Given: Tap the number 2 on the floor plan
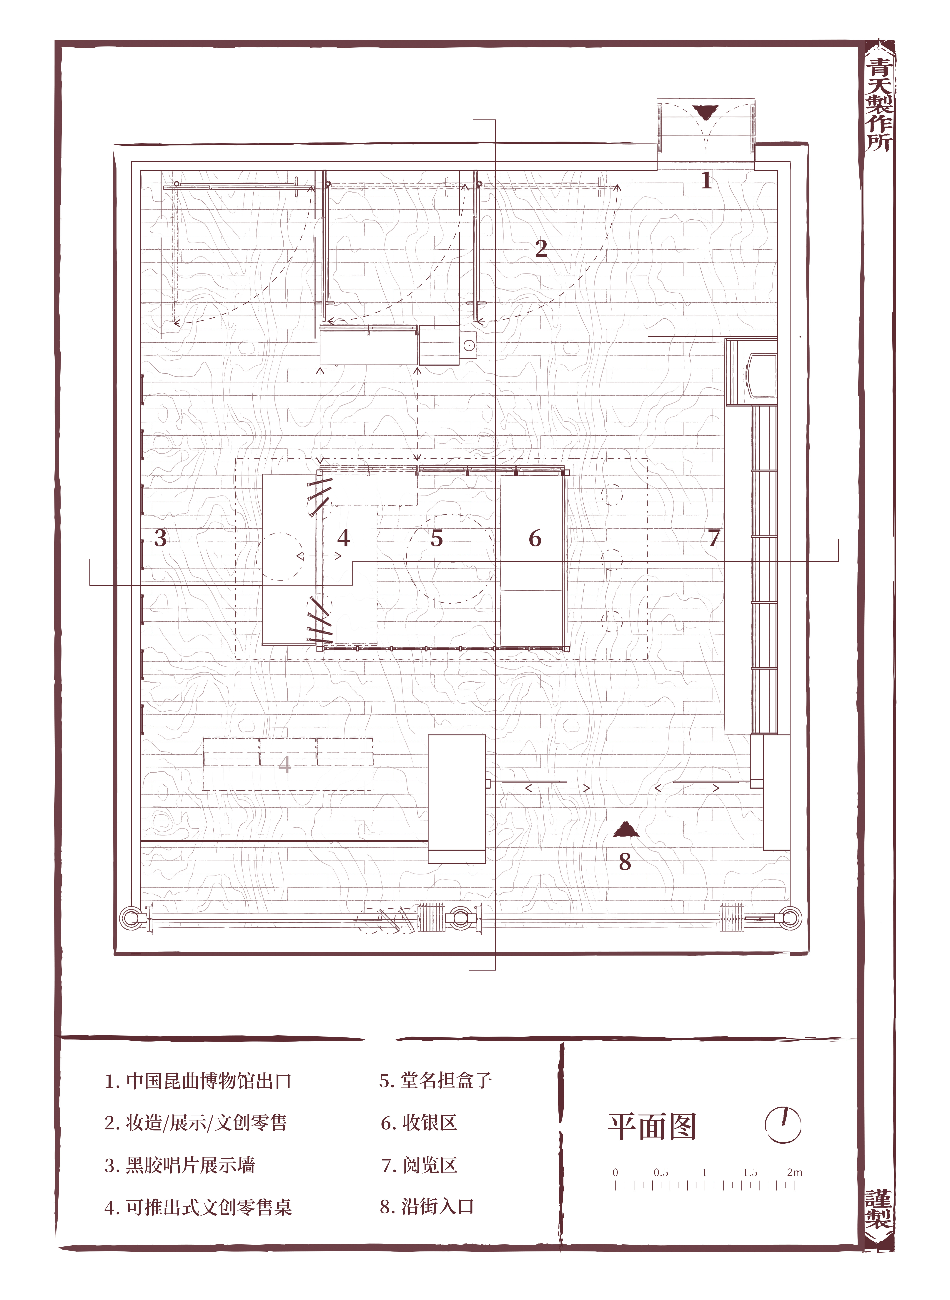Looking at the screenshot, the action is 541,248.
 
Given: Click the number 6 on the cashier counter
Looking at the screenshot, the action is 535,538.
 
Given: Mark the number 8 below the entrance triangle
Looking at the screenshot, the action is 625,861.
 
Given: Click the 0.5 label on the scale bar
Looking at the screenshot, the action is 661,1172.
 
